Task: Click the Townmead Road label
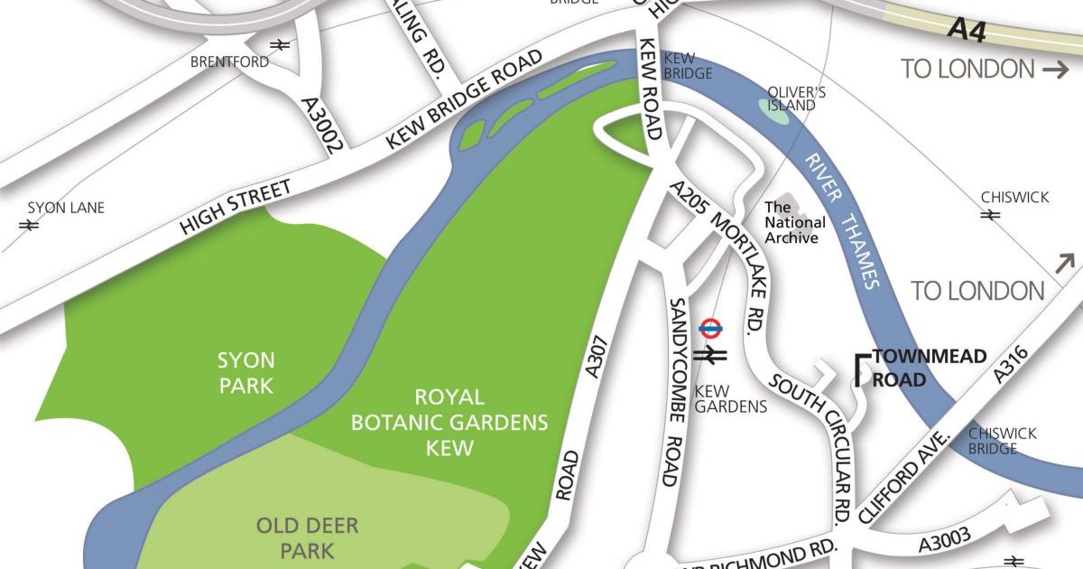pyautogui.click(x=915, y=368)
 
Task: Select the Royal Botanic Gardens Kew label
pyautogui.click(x=449, y=422)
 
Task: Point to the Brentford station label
pyautogui.click(x=229, y=61)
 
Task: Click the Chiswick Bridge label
pyautogui.click(x=1002, y=441)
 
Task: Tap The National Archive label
pyautogui.click(x=794, y=222)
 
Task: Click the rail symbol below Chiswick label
pyautogui.click(x=990, y=215)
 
